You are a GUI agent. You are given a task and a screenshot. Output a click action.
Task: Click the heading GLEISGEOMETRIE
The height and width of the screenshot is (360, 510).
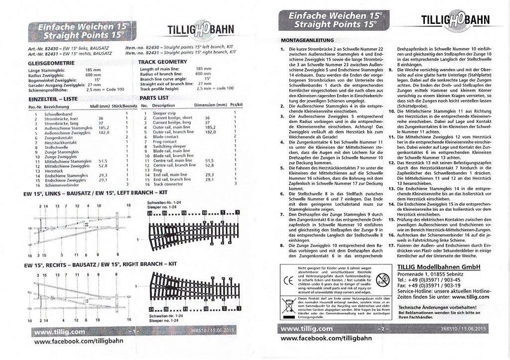click(x=52, y=63)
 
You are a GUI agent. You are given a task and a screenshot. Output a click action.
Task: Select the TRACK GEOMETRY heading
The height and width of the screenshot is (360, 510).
click(x=162, y=62)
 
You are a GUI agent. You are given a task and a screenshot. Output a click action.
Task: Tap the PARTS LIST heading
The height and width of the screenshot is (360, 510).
click(x=155, y=98)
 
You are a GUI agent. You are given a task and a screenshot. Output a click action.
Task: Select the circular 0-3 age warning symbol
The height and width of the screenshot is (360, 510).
click(x=382, y=278)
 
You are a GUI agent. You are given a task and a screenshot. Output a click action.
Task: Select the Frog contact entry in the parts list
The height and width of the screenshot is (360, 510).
click(x=164, y=141)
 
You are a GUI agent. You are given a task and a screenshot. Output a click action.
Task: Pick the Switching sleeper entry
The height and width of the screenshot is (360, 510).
click(x=169, y=146)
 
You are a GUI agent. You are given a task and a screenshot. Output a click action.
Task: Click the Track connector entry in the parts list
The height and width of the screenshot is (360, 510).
click(x=167, y=184)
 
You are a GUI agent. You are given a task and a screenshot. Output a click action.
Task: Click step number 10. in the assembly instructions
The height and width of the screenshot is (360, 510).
click(x=391, y=111)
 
